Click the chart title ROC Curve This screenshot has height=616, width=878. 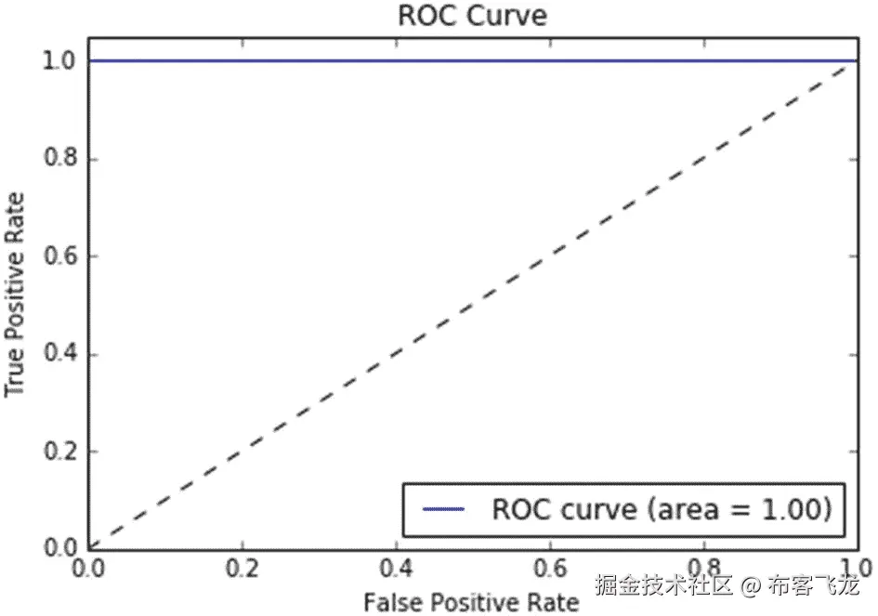tap(471, 16)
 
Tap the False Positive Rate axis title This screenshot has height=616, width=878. tap(471, 602)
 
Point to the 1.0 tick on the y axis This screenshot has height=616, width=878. tap(60, 61)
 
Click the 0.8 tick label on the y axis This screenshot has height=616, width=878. tap(60, 160)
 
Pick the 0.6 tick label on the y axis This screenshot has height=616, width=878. tap(60, 257)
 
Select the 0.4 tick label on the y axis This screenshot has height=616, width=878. tap(60, 355)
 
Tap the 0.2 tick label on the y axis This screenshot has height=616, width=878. tap(60, 452)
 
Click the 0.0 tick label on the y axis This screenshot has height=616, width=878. tap(60, 549)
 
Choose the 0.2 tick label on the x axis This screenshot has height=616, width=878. tap(243, 569)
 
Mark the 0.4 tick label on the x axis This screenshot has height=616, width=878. tap(397, 569)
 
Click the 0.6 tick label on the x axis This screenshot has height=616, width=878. tap(550, 569)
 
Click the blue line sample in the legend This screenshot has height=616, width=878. tap(443, 510)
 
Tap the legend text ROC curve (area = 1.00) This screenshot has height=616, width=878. tap(660, 509)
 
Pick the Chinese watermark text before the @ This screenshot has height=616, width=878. tap(665, 586)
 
